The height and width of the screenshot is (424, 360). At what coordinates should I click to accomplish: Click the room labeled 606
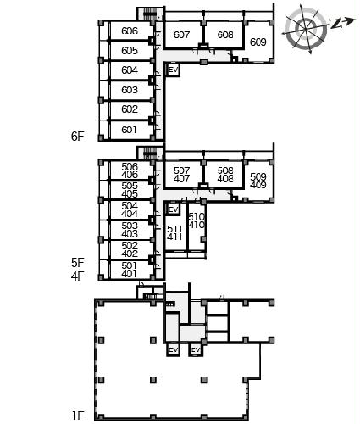click(x=130, y=31)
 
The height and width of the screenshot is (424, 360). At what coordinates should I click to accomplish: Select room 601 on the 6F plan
click(x=129, y=130)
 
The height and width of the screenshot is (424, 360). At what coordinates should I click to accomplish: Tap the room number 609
click(x=258, y=42)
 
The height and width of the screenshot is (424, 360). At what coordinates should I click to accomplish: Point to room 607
click(x=181, y=35)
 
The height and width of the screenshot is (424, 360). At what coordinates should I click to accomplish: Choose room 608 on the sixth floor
click(x=225, y=35)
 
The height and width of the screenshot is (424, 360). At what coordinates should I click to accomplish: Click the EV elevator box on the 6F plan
click(x=174, y=70)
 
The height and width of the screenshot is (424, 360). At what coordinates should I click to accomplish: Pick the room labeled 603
click(x=130, y=90)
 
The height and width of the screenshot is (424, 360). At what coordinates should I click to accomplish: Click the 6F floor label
click(x=78, y=137)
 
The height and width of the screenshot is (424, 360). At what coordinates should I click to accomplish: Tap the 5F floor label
click(x=78, y=263)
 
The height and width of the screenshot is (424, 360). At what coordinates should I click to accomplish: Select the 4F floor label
click(x=78, y=276)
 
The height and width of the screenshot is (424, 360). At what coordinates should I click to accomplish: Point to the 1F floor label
click(x=78, y=416)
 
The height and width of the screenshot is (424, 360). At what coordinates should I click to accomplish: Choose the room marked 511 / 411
click(x=174, y=233)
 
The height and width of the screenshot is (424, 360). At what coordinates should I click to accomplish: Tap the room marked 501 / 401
click(x=130, y=270)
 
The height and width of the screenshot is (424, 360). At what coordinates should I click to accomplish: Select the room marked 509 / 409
click(x=258, y=181)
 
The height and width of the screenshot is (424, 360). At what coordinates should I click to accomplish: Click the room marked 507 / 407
click(x=181, y=175)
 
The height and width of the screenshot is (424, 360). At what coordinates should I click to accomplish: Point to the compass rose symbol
click(x=306, y=28)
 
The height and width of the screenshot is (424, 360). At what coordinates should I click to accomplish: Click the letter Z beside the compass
click(x=335, y=24)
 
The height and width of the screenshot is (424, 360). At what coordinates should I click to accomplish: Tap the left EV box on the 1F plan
click(x=173, y=350)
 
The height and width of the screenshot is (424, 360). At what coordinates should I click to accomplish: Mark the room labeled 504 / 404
click(x=130, y=209)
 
